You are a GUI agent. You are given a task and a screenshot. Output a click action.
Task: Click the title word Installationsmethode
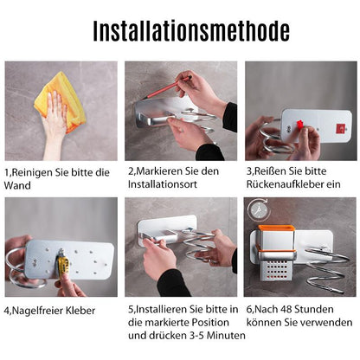(191, 31)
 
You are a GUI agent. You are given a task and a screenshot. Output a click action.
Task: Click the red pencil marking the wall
(166, 87)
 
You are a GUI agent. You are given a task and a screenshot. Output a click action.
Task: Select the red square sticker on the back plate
(340, 128)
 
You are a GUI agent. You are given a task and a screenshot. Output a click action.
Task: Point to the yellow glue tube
(62, 262)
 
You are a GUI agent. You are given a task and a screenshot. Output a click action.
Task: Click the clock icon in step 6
(259, 209)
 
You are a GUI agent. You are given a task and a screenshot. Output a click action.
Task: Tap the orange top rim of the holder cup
(276, 228)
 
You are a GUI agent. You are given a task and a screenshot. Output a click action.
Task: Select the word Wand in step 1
(17, 185)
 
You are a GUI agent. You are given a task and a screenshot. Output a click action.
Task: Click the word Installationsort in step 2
(163, 184)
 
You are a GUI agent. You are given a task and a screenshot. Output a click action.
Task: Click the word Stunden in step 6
(312, 310)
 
